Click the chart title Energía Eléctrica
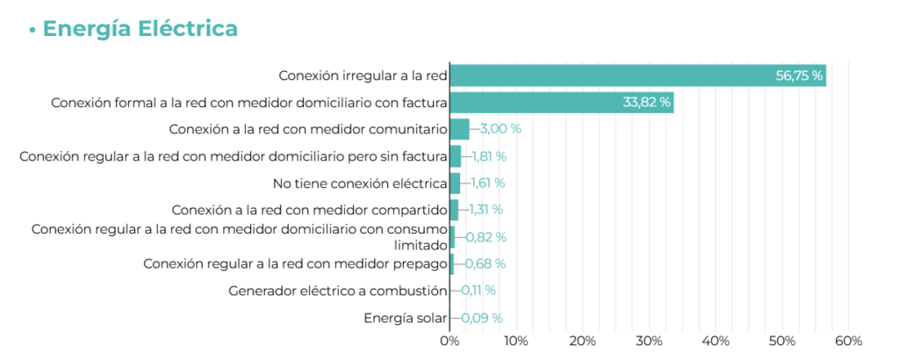tap(140, 28)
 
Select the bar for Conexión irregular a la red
tap(637, 76)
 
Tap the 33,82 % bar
tap(562, 103)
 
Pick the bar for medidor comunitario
tap(460, 129)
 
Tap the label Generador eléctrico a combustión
tap(338, 291)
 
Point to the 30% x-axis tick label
tap(649, 341)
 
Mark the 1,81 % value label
tap(489, 156)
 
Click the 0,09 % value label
tap(482, 318)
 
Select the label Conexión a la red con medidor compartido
tap(310, 210)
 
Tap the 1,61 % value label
tap(487, 184)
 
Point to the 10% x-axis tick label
tap(516, 341)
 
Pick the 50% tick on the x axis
tap(782, 341)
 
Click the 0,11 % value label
tap(478, 291)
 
